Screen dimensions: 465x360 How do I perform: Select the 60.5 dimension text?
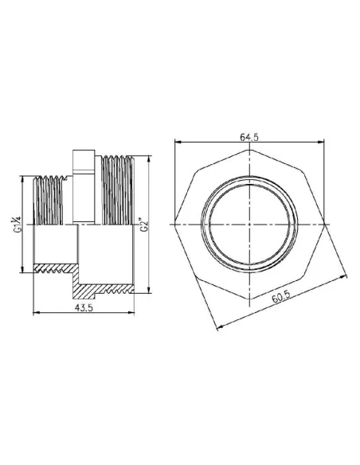[x=280, y=299]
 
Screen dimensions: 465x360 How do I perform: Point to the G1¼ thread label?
[x=16, y=224]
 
